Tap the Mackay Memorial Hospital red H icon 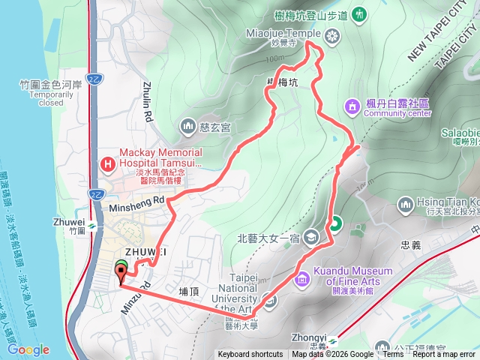[x=109, y=162]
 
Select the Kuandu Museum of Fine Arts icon [x=302, y=279]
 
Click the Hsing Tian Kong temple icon [x=406, y=203]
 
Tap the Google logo [x=28, y=349]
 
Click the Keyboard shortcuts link [x=250, y=355]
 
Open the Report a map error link [x=445, y=355]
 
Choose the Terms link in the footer [x=393, y=355]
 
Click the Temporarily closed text [x=40, y=98]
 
